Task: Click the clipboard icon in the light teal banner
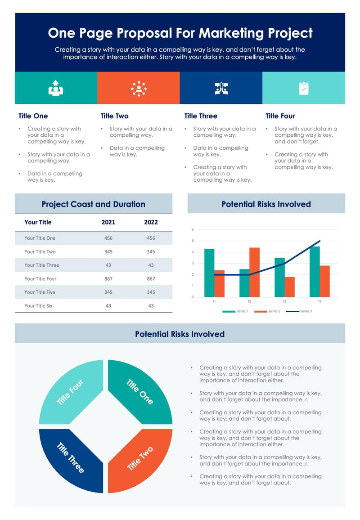coord(304,88)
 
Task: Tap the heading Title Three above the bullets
coord(201,116)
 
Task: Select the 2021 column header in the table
coord(108,222)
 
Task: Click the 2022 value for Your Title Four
coord(151,279)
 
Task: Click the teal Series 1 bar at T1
coord(209,273)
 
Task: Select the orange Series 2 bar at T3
coord(289,287)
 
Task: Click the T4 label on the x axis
coord(319,301)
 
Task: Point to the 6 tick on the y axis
coord(193,229)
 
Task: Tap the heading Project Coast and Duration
coord(93,204)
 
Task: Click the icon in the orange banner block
coord(139,88)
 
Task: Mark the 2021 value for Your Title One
coord(108,238)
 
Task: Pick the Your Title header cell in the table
coord(38,222)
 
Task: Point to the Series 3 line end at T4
coord(320,241)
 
